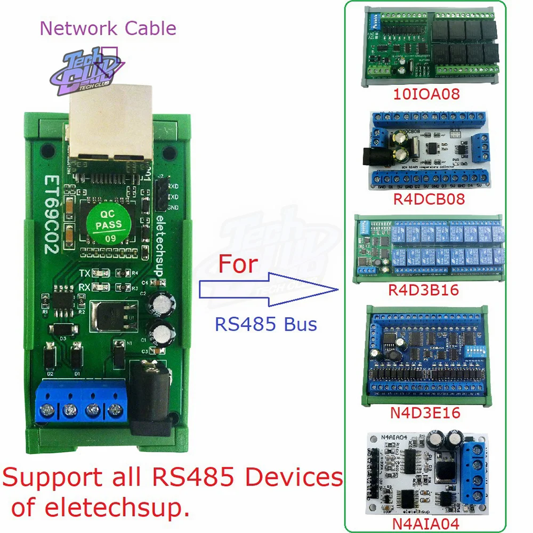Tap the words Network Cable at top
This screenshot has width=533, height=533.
[x=108, y=28]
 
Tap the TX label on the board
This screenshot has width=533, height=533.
[x=84, y=273]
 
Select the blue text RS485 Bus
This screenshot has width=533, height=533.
[x=266, y=324]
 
